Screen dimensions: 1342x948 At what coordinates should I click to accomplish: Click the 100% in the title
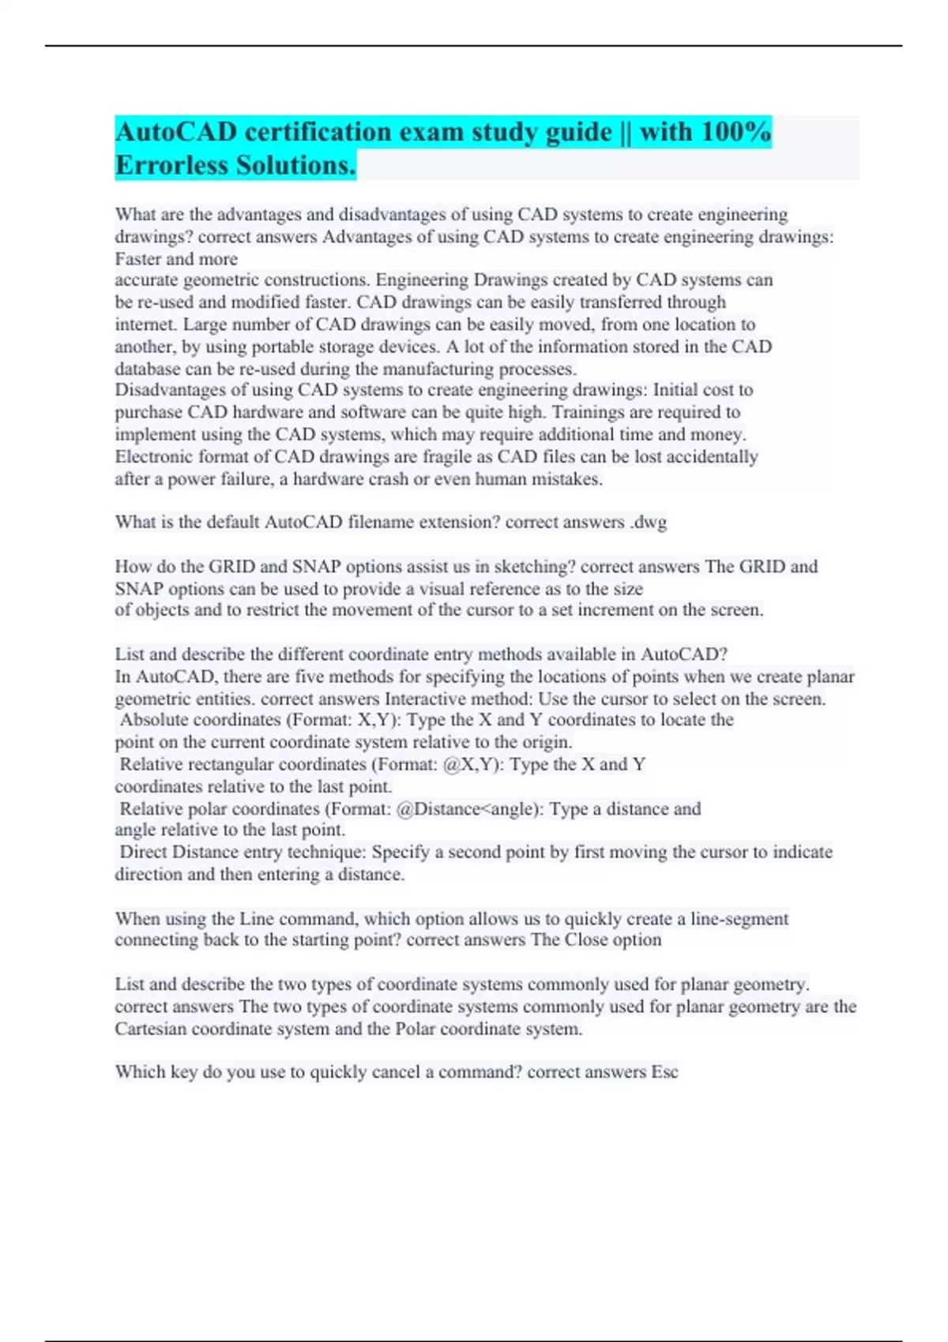pos(736,131)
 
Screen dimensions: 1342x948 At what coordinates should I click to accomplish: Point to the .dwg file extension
pos(649,522)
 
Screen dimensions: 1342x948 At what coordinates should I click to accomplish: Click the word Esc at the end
pos(664,1072)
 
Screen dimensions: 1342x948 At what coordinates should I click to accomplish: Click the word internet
pos(144,324)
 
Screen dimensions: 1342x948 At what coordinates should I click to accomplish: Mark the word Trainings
pos(590,412)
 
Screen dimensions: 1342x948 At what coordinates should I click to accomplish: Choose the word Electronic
pos(153,456)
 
